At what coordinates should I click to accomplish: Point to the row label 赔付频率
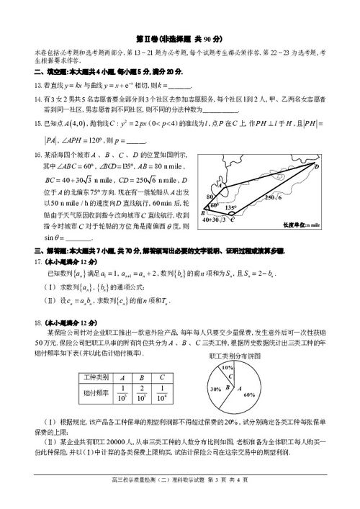coord(95,393)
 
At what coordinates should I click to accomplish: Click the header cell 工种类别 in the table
coord(95,377)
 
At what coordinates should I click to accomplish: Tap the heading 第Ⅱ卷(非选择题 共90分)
coord(179,37)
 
